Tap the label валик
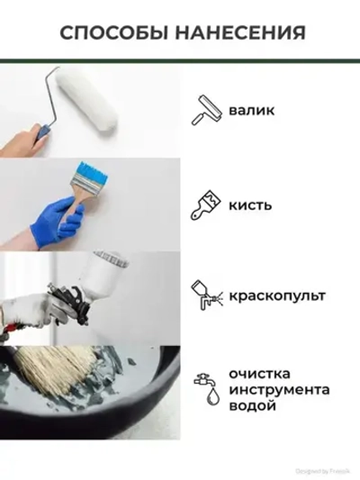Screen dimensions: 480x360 point(251,111)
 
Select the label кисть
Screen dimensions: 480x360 point(250,204)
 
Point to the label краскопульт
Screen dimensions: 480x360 point(276,295)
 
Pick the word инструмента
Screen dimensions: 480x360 point(278,390)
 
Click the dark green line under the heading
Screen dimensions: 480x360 point(180,60)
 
